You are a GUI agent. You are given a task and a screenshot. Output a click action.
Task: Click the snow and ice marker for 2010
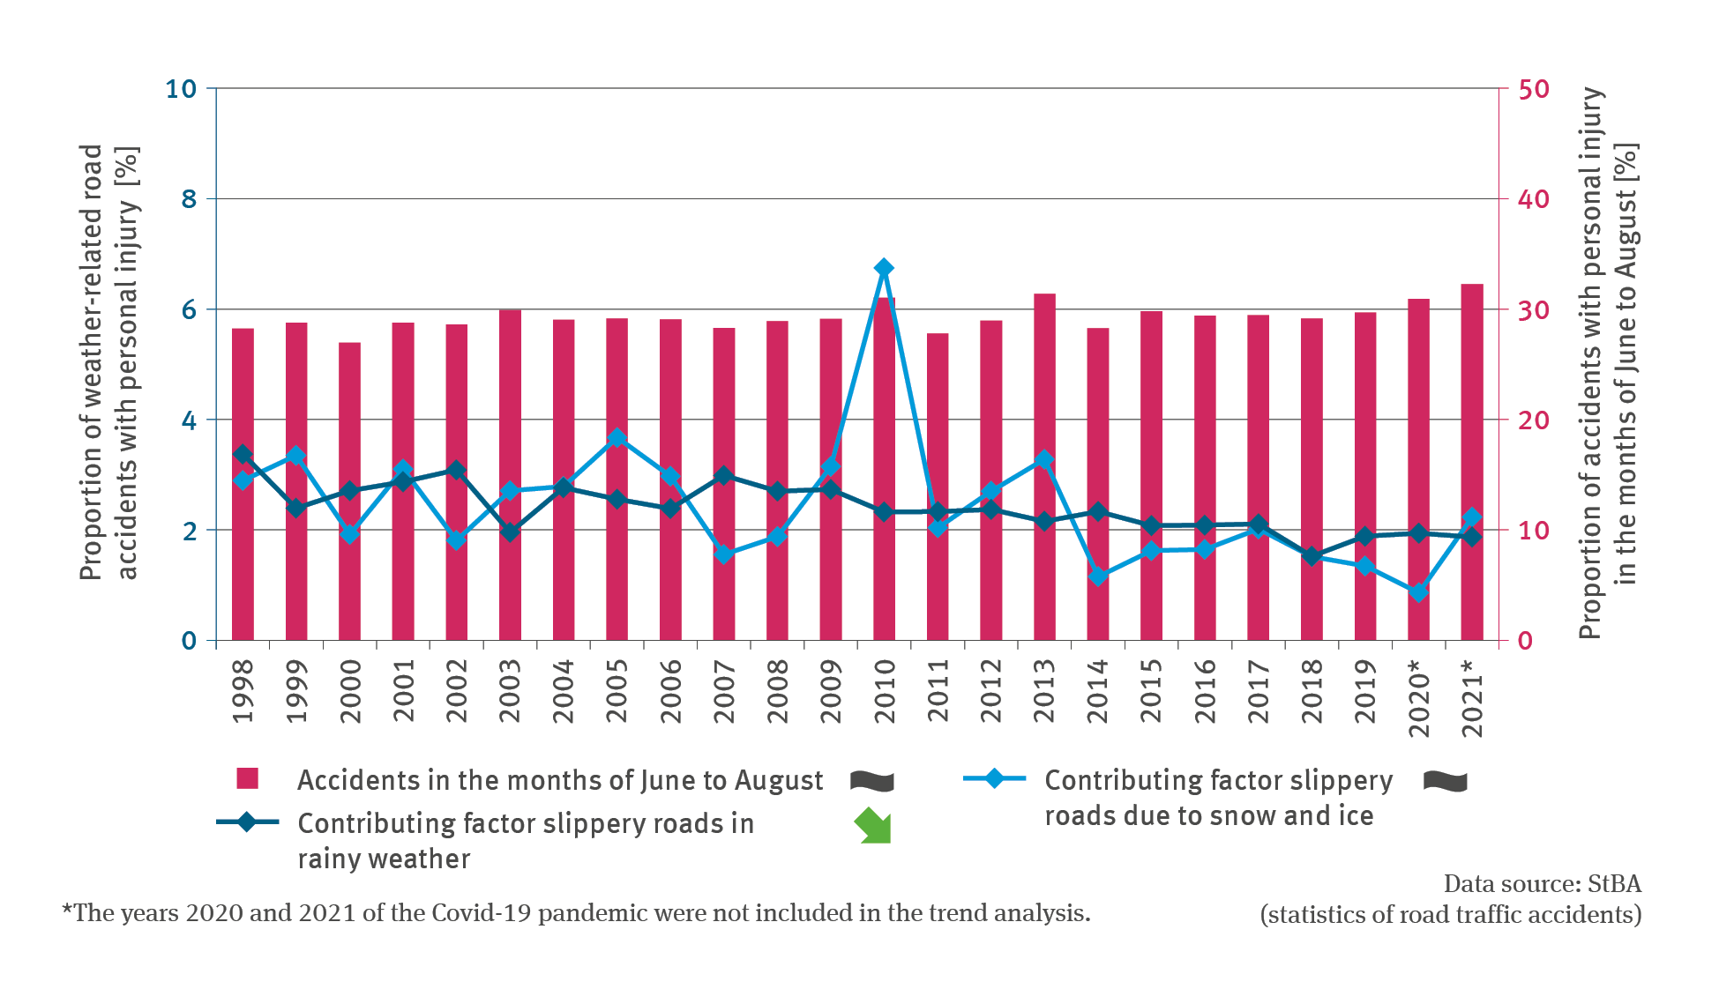tap(884, 268)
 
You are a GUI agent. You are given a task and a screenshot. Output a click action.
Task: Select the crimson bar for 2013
tap(1044, 467)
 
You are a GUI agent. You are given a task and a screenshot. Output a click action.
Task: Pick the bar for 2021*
tap(1472, 462)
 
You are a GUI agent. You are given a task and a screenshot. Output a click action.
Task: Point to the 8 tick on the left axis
tap(189, 199)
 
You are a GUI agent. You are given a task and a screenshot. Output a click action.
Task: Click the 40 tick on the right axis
tap(1533, 199)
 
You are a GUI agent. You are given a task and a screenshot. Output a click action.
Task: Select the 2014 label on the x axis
tap(1097, 691)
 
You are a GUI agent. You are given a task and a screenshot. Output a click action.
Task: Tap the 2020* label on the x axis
tap(1418, 697)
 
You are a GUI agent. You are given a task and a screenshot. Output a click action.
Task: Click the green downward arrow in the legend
tap(873, 826)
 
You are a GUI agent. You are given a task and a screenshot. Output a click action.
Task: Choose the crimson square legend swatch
tap(247, 778)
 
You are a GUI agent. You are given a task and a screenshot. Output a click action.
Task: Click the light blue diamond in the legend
tap(994, 778)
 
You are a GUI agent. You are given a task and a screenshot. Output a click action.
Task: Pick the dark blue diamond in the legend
tap(247, 822)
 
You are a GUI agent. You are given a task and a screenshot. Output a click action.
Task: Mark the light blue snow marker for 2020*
tap(1418, 592)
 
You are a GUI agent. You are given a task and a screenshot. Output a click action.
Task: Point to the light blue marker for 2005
tap(617, 438)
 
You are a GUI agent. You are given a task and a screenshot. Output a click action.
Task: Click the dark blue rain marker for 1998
tap(243, 455)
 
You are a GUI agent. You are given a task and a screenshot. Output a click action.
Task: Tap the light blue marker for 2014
tap(1098, 576)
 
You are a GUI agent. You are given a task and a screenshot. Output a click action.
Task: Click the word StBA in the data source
tap(1614, 884)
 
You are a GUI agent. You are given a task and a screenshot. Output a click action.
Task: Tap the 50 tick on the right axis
tap(1533, 89)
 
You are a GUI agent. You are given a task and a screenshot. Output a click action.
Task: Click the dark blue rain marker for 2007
tap(724, 476)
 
